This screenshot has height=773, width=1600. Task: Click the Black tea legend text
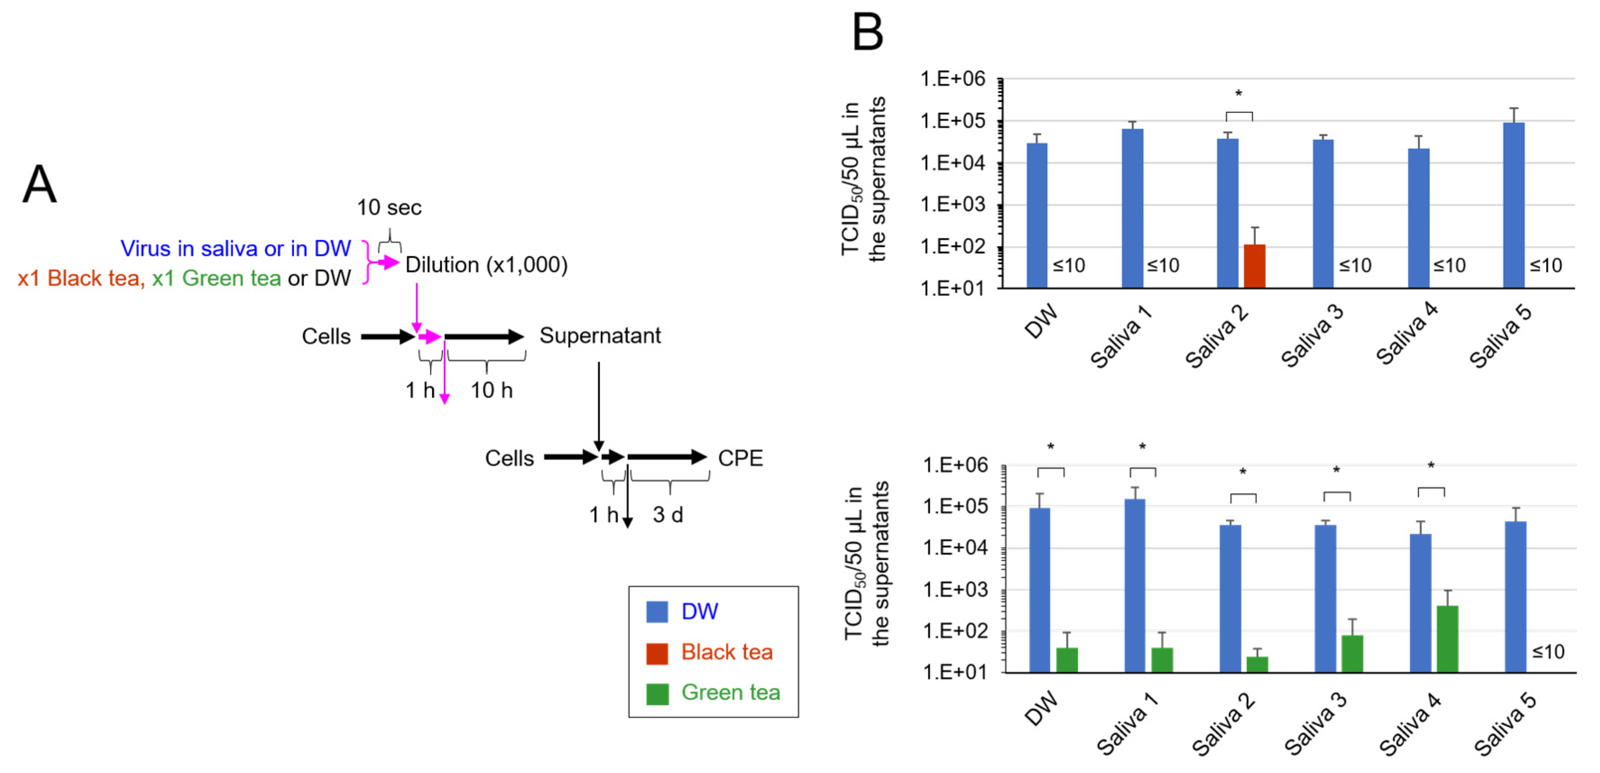(x=726, y=652)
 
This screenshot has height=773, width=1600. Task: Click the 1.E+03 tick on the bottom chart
(x=955, y=589)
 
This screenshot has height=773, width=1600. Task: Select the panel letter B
(x=868, y=32)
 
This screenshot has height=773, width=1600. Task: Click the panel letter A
(x=39, y=184)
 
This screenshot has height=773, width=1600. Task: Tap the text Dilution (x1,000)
(x=486, y=265)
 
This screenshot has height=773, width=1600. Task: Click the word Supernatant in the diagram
(x=600, y=336)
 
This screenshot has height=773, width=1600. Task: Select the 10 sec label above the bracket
(x=389, y=207)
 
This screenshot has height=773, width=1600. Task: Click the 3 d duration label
(x=668, y=515)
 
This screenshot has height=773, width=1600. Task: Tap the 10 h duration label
(x=491, y=390)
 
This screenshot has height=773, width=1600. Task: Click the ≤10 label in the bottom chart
(x=1548, y=652)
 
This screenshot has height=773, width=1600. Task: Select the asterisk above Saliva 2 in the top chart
(x=1238, y=94)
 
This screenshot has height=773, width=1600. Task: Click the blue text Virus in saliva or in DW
(x=235, y=248)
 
